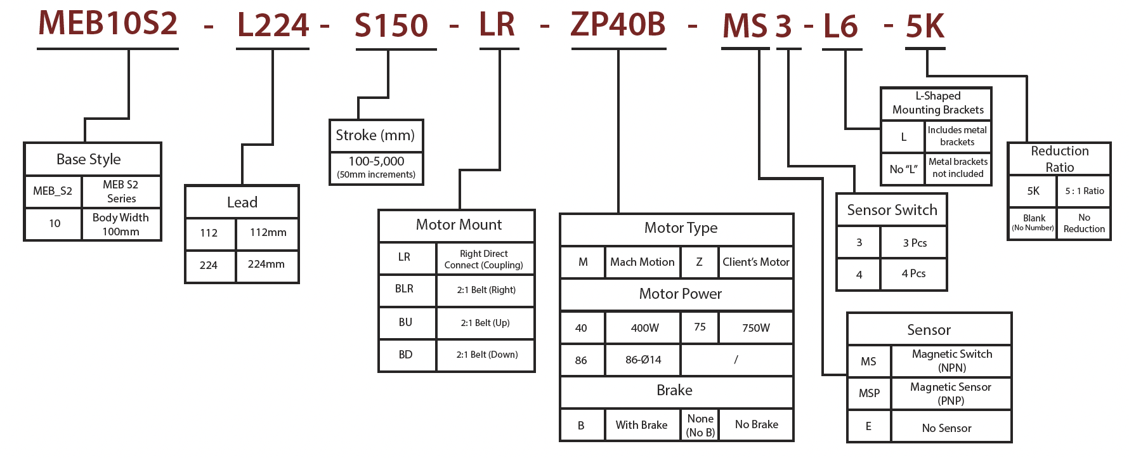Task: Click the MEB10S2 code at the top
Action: (108, 24)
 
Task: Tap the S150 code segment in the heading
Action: (391, 26)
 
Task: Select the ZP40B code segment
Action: (618, 25)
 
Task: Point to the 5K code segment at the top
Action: (925, 27)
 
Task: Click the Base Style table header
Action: (89, 159)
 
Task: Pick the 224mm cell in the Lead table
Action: (266, 265)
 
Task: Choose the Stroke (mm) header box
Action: (375, 135)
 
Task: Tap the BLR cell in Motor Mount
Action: (405, 289)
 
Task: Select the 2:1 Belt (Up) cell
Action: (485, 323)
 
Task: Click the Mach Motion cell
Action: (642, 262)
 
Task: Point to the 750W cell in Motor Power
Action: (756, 328)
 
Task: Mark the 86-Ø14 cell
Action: (643, 360)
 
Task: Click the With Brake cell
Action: (641, 425)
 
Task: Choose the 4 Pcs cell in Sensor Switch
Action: (913, 274)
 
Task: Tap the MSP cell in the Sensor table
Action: (869, 393)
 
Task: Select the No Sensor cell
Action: (946, 428)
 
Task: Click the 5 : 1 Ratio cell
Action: (1085, 191)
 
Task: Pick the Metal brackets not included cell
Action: (958, 168)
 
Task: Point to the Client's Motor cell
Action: (756, 262)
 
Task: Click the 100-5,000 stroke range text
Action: (376, 162)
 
